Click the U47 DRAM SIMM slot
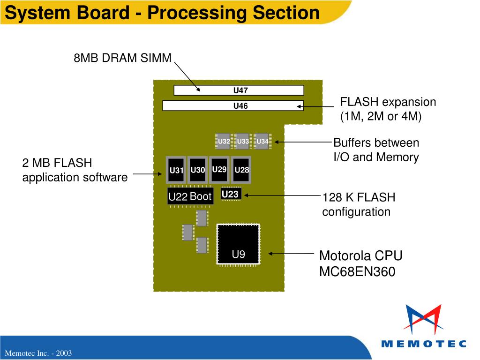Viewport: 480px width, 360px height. (239, 90)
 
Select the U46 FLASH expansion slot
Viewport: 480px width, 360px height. (233, 105)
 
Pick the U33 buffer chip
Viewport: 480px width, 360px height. (242, 141)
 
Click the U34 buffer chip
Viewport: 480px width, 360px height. (262, 141)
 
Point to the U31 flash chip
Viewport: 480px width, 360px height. (176, 170)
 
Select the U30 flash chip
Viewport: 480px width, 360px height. (198, 170)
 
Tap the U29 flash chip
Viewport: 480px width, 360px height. (219, 170)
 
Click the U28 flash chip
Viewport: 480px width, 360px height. (241, 170)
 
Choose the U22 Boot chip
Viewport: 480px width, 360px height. (190, 196)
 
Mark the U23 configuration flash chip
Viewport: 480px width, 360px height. (231, 194)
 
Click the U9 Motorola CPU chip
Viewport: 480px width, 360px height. (238, 244)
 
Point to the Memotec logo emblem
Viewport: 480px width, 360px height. (423, 319)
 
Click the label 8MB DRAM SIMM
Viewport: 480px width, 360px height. (122, 58)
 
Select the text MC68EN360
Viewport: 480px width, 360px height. (357, 271)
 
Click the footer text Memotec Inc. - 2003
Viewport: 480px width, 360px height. (38, 353)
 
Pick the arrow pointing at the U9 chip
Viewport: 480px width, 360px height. (291, 254)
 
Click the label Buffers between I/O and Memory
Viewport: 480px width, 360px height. (376, 150)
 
